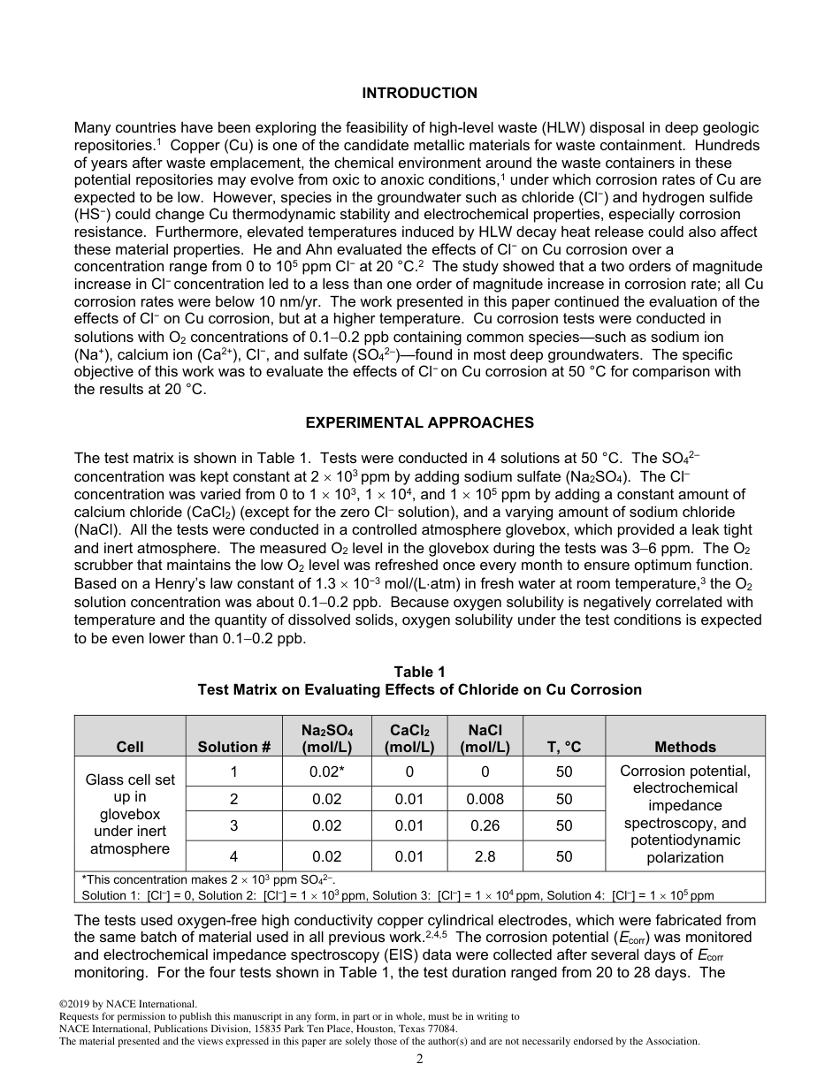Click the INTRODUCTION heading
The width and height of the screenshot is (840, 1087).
(x=419, y=93)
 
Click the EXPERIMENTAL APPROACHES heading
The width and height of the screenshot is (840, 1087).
(x=419, y=422)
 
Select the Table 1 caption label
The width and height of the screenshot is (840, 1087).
(x=419, y=673)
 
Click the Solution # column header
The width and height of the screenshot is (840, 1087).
(x=233, y=747)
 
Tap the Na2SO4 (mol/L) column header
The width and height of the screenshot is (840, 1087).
(x=326, y=738)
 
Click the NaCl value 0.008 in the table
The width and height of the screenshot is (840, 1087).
(x=485, y=799)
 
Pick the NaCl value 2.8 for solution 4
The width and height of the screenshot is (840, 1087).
(x=485, y=855)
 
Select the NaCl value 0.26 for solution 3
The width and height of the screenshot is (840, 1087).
(x=485, y=826)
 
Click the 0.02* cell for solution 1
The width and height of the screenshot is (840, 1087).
(x=326, y=772)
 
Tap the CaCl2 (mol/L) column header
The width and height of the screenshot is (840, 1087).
(x=409, y=738)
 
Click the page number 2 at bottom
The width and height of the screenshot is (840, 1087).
(x=420, y=1059)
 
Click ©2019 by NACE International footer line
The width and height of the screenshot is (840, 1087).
(x=128, y=1004)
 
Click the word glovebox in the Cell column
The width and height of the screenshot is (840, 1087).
(x=130, y=814)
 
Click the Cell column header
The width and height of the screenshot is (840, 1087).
(x=130, y=747)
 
